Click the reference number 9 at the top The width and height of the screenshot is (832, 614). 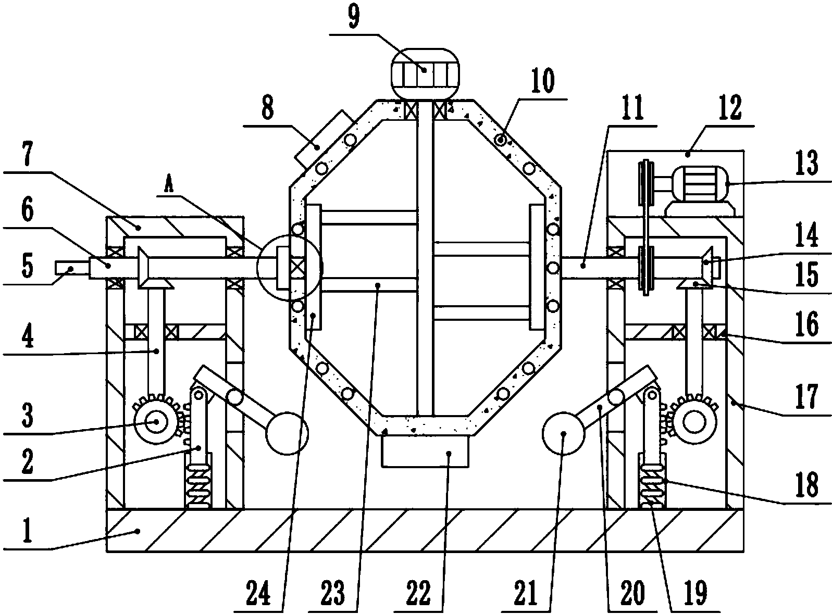tap(353, 17)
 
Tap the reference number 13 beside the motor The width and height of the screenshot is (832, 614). tap(807, 163)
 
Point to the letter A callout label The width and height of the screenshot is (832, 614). tap(169, 185)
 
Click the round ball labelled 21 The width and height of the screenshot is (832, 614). tap(563, 434)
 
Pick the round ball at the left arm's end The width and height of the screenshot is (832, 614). tap(287, 434)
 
